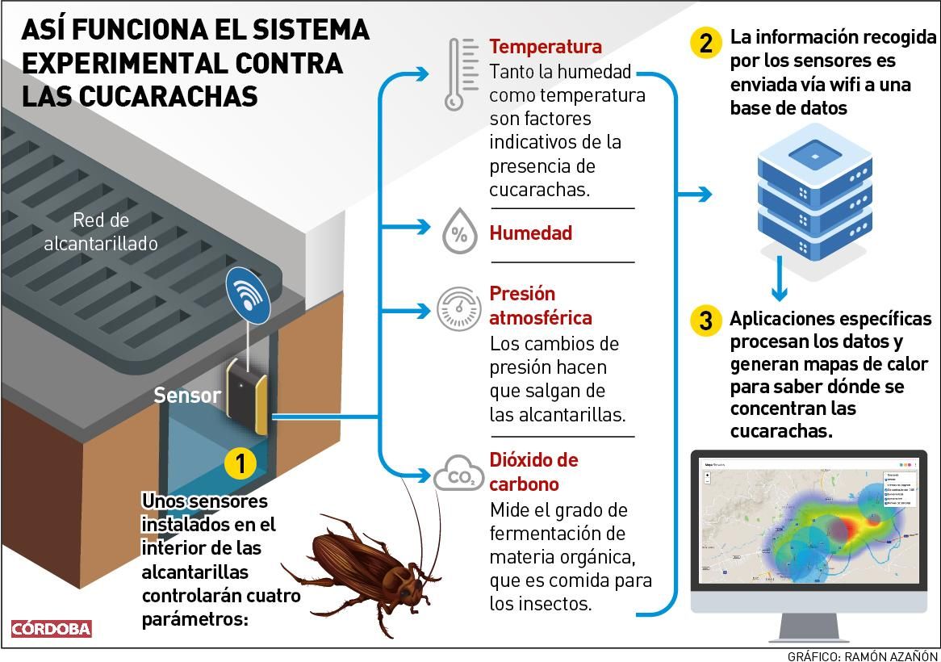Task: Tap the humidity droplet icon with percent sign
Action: click(x=459, y=233)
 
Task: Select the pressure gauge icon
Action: click(x=459, y=308)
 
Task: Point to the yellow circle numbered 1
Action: click(x=240, y=463)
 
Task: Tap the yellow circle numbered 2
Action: click(x=705, y=43)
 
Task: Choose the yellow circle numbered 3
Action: click(x=705, y=321)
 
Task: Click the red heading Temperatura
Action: click(x=546, y=46)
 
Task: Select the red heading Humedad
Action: click(x=530, y=233)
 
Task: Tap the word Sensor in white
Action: click(x=186, y=396)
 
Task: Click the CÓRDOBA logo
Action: click(x=52, y=629)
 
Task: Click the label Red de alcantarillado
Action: click(x=101, y=231)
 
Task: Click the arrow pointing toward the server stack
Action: click(x=696, y=194)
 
